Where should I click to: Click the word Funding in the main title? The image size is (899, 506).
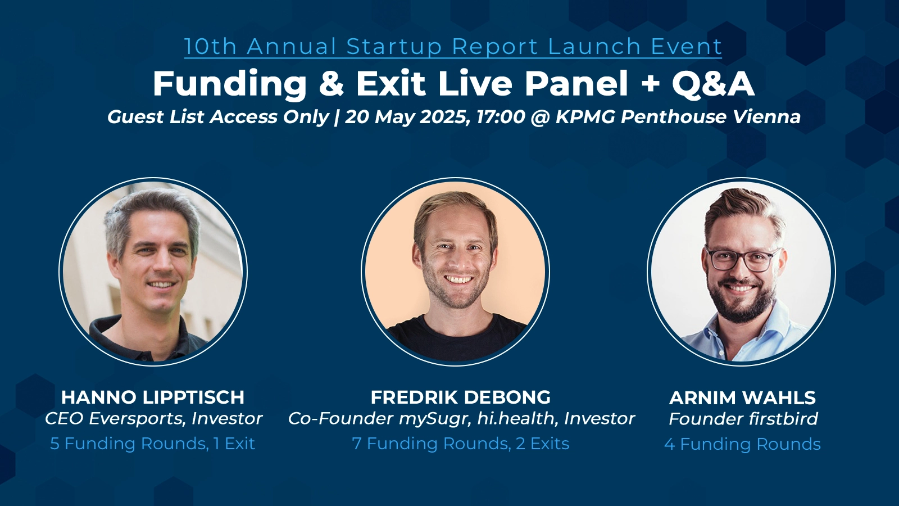click(229, 84)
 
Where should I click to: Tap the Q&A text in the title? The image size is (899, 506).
click(713, 84)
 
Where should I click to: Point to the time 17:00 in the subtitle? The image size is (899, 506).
click(501, 117)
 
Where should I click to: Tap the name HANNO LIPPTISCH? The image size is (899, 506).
click(152, 397)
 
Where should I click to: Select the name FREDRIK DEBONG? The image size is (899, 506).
click(460, 397)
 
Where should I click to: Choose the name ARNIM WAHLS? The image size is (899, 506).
click(742, 397)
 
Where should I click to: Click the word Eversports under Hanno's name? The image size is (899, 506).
click(137, 419)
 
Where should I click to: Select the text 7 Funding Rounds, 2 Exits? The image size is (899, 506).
click(460, 444)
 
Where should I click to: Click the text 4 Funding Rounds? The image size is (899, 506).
click(742, 444)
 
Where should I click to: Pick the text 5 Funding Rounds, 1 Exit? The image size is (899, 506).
click(152, 444)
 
